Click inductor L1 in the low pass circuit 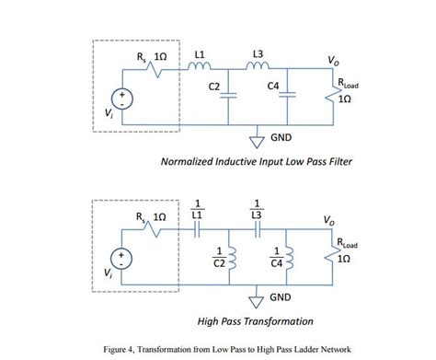click(x=198, y=64)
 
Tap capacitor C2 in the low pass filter click(x=229, y=93)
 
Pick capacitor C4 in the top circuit click(x=290, y=93)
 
